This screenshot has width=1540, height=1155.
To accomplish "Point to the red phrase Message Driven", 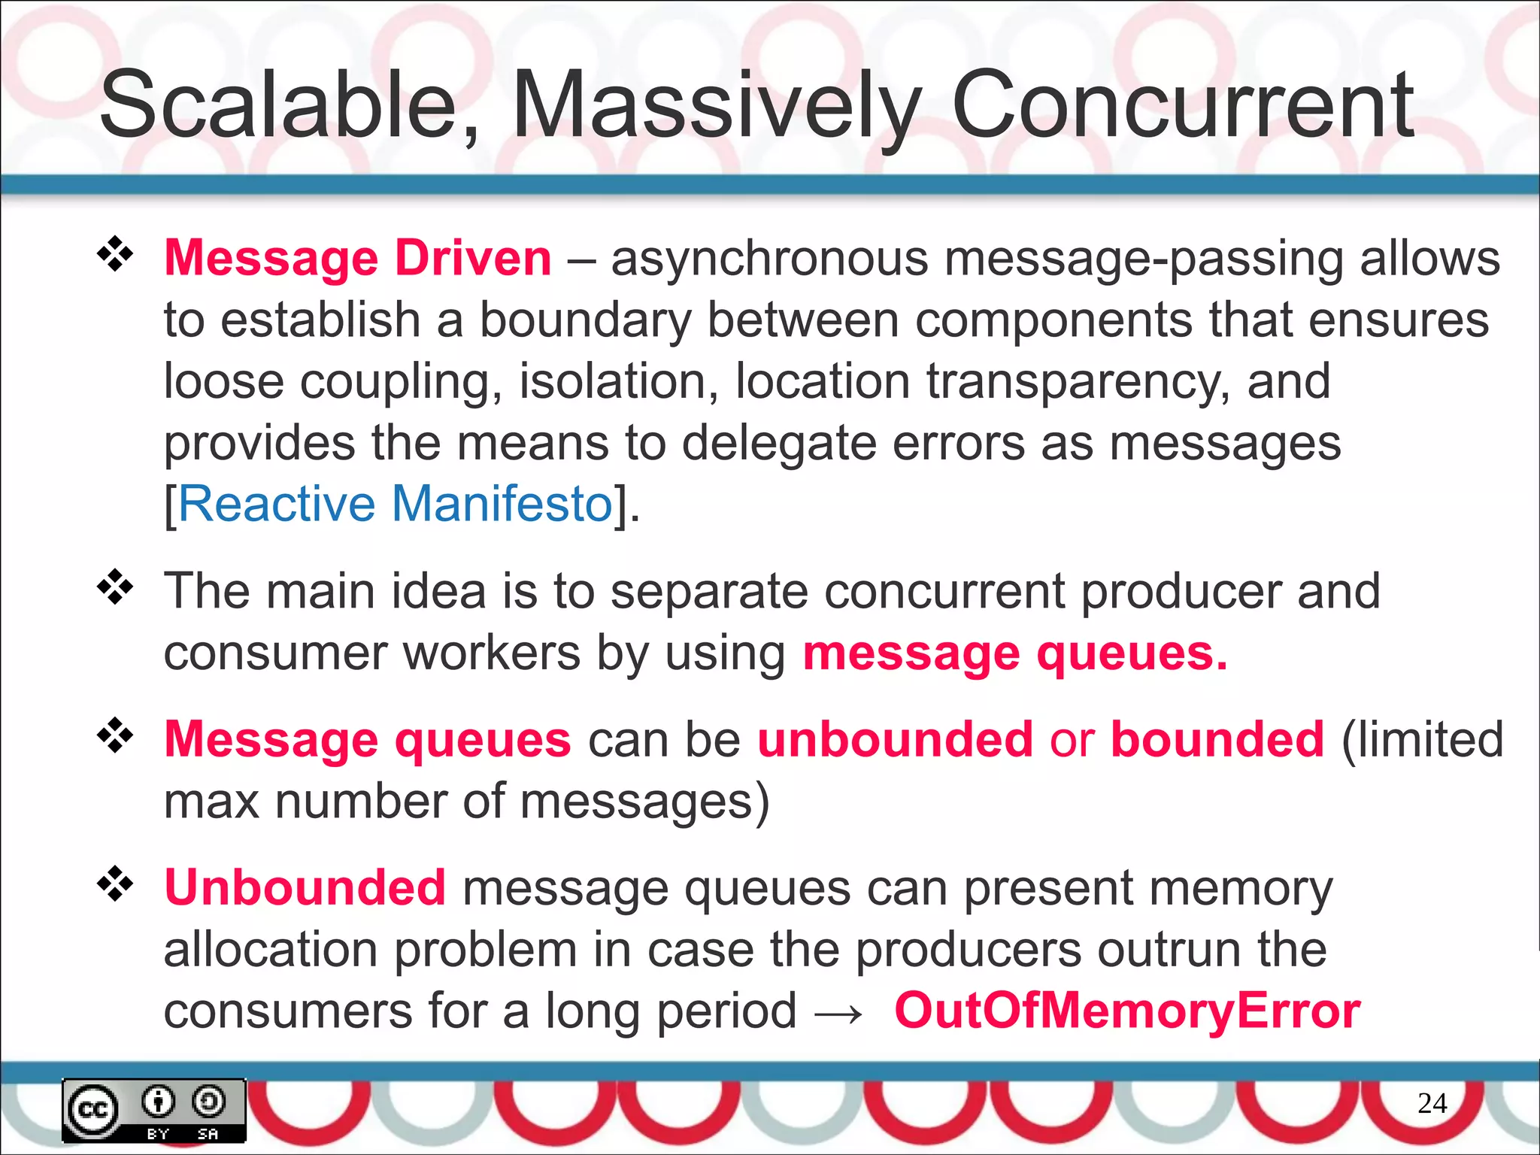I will [x=358, y=258].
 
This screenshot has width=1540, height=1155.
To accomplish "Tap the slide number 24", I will [x=1432, y=1103].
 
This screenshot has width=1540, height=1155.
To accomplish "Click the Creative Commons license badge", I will [x=154, y=1110].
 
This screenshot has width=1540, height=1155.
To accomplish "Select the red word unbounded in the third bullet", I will [x=895, y=739].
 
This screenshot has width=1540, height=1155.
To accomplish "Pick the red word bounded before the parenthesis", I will [x=1217, y=739].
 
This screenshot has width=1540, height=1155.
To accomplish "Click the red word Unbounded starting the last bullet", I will [x=305, y=887].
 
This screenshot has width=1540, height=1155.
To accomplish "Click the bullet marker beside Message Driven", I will [x=115, y=255].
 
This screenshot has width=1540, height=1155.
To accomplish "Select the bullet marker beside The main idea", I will [x=115, y=587].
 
